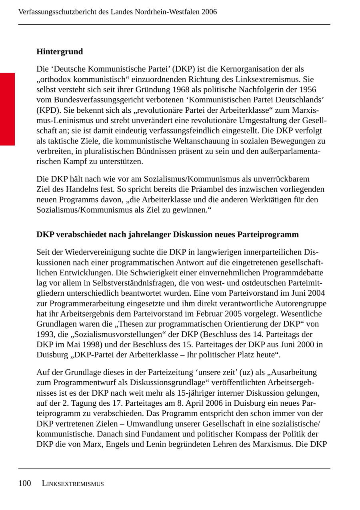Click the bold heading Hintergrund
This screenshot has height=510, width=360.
[60, 52]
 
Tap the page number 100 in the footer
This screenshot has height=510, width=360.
[24, 484]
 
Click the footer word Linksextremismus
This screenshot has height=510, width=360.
[73, 484]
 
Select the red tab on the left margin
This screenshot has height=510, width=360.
[7, 109]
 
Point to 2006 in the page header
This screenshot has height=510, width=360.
[209, 12]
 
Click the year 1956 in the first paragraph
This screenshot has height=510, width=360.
[308, 90]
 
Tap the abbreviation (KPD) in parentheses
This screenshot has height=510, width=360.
[46, 110]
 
